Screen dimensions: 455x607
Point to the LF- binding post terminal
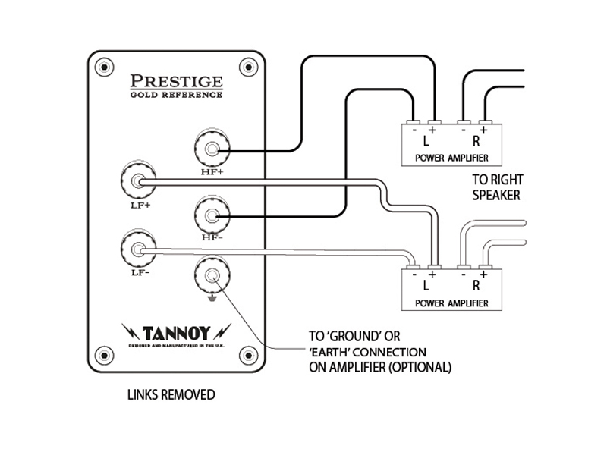click(x=136, y=249)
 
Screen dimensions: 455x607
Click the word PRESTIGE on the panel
click(x=176, y=81)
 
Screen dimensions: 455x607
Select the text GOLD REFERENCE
click(x=176, y=95)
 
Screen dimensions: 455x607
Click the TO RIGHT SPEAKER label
click(x=498, y=187)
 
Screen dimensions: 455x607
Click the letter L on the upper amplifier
click(x=426, y=142)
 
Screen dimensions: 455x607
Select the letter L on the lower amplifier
click(x=426, y=287)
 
